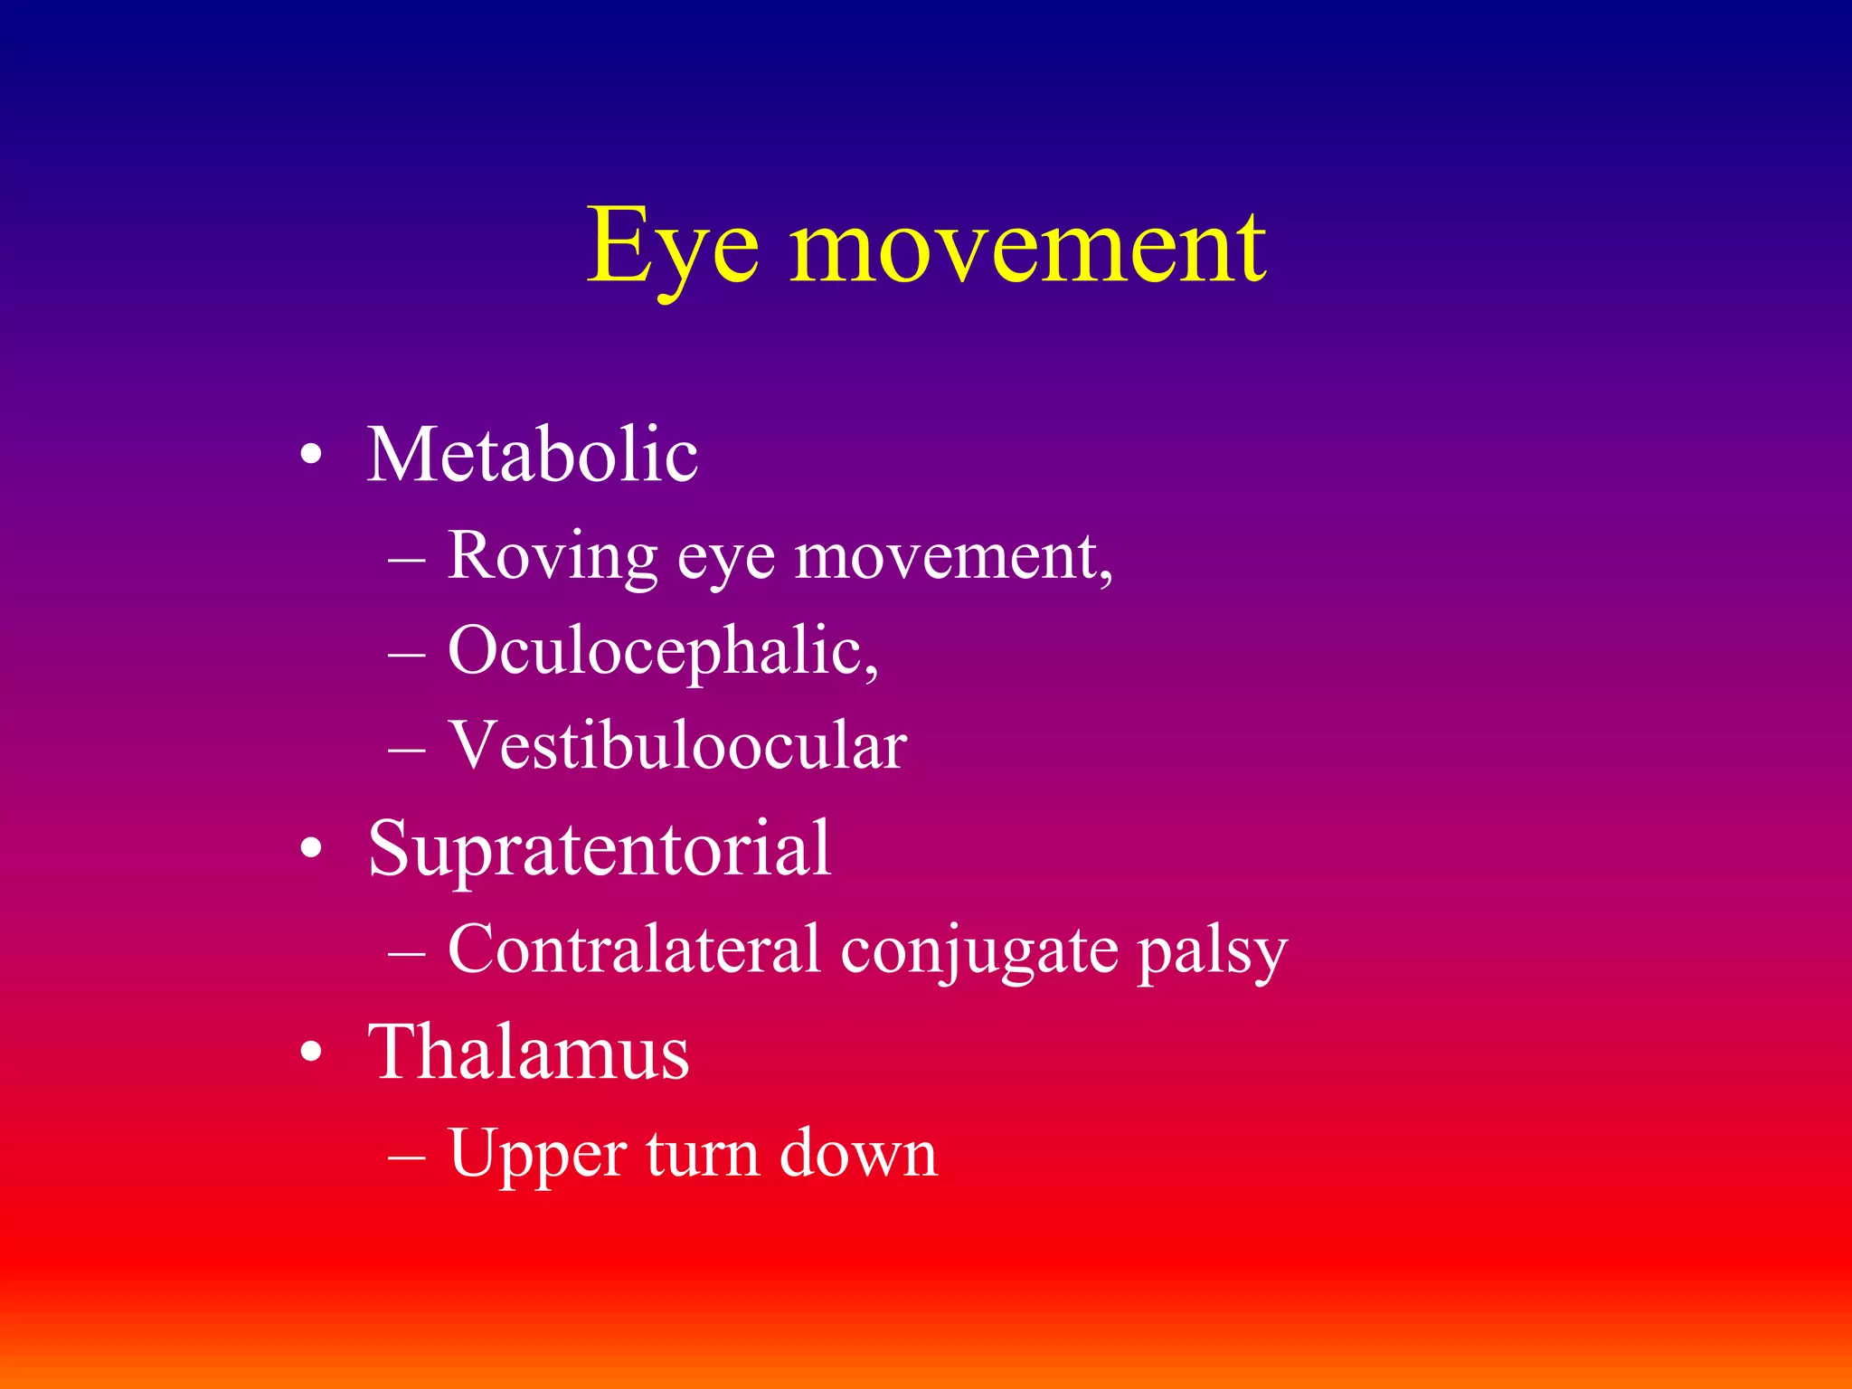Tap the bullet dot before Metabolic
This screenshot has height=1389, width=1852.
(x=311, y=457)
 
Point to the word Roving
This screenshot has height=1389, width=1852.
(x=552, y=555)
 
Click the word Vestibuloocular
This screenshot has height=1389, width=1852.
(x=677, y=746)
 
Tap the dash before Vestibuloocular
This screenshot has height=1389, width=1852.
(x=406, y=750)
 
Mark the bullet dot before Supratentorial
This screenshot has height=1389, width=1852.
(x=311, y=851)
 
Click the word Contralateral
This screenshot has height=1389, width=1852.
(x=633, y=950)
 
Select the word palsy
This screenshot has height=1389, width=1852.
(x=1212, y=953)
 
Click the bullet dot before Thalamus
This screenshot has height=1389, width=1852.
(x=311, y=1054)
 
